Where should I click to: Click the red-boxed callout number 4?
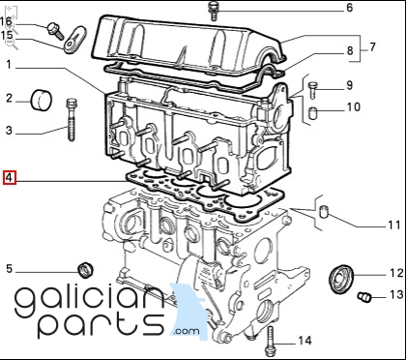(x=9, y=178)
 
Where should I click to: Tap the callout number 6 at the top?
(x=350, y=8)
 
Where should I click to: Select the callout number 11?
(x=393, y=225)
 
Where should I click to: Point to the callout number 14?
(x=305, y=341)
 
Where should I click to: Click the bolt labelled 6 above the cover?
(x=213, y=11)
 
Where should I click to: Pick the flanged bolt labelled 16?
(x=55, y=31)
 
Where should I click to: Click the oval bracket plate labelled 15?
(x=74, y=40)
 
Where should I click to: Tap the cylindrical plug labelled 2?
(x=42, y=100)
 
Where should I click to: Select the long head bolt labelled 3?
(x=72, y=120)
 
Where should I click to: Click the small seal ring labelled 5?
(x=86, y=270)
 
